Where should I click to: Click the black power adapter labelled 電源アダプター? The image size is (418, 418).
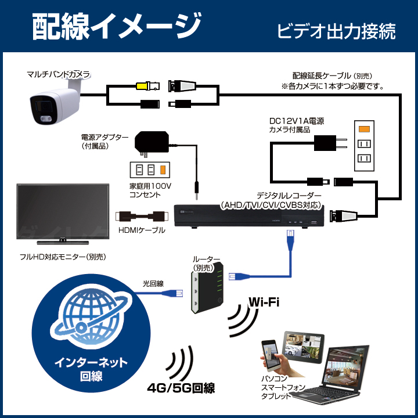pos(152,143)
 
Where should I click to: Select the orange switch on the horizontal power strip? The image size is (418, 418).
pos(163,170)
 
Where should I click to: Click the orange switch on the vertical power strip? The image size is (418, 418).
pos(364,129)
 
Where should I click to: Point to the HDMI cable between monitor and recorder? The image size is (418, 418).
pos(142,216)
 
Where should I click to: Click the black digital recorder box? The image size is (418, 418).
pos(249,216)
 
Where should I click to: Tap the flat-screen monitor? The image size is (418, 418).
pos(63,214)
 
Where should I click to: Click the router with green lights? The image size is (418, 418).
pos(208,288)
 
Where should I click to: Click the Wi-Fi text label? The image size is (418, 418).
pos(264,302)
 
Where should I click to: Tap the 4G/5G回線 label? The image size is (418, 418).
pos(181,388)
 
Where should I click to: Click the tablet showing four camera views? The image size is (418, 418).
pos(304,347)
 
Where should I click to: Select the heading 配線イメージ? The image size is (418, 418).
pos(117,27)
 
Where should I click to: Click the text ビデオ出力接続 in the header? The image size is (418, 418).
pos(337,31)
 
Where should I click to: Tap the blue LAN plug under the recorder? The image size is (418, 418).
pos(290,240)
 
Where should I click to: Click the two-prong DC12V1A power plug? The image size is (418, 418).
pos(330,143)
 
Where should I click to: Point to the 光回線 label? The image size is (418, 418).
pos(153,284)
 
